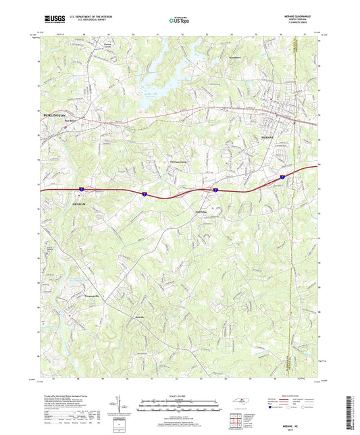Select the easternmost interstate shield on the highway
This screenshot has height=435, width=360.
[283, 176]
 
